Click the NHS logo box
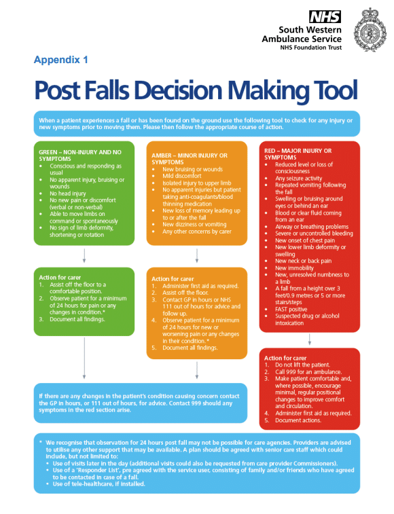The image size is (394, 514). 325,16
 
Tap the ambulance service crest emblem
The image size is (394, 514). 370,30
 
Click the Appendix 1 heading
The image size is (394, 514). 60,60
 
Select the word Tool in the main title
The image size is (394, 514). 336,90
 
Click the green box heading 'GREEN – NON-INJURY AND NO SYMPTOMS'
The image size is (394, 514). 80,155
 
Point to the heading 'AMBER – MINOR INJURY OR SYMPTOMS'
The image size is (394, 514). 190,159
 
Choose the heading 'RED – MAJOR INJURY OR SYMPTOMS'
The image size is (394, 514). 298,154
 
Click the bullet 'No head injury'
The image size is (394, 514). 68,194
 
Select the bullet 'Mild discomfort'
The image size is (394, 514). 182,176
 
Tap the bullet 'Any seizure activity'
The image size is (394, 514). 298,179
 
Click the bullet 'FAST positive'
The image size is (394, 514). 291,309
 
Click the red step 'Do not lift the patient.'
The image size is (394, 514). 302,365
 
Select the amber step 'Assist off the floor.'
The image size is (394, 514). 185,293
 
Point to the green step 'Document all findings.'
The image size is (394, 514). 77,319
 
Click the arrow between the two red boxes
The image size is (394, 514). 309,339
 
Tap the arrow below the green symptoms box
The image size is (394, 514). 84,256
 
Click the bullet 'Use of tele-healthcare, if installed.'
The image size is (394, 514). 98,484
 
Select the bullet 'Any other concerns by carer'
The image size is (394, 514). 197,232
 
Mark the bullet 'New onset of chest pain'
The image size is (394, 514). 305,240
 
